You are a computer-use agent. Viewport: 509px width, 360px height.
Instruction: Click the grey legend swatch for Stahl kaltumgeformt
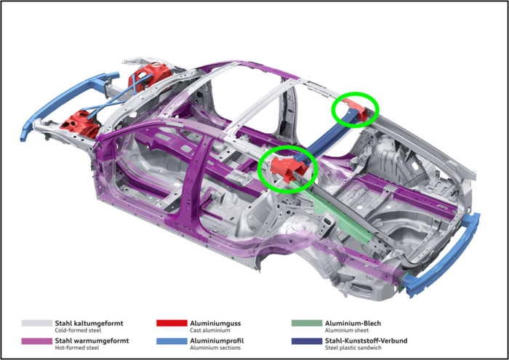(36, 324)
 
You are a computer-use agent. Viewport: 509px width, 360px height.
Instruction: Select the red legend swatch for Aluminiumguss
(172, 324)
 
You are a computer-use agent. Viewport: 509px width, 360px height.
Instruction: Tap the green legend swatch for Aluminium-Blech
(307, 324)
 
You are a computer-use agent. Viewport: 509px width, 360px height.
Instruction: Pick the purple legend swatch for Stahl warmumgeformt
(36, 341)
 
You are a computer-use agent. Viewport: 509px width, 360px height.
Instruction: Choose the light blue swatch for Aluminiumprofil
(172, 341)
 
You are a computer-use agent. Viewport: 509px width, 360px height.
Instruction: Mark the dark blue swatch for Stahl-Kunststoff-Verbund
(307, 341)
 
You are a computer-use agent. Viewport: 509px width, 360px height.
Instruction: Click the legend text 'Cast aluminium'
(210, 330)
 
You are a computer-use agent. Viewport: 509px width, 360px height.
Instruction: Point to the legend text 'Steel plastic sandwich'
(353, 348)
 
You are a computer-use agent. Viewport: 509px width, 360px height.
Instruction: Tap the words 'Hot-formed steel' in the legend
(77, 348)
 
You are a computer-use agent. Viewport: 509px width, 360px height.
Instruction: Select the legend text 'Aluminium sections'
(215, 348)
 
